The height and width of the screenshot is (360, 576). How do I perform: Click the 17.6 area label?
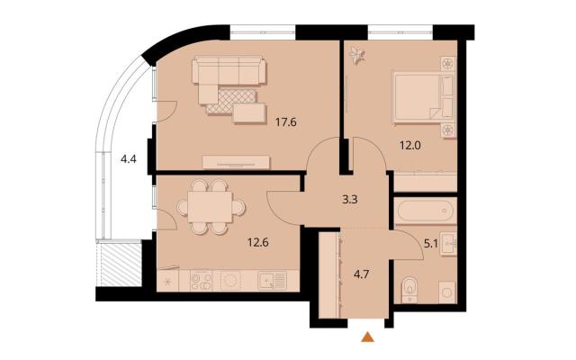(286, 122)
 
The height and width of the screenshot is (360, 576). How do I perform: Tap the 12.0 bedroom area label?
(410, 146)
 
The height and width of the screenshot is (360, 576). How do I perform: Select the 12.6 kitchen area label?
(258, 242)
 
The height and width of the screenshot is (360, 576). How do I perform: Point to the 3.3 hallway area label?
(350, 200)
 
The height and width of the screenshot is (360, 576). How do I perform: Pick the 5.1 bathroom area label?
(431, 244)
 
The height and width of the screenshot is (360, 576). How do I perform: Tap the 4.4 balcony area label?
(129, 159)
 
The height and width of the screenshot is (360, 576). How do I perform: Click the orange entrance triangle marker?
(367, 337)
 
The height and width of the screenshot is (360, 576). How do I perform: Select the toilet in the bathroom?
(409, 290)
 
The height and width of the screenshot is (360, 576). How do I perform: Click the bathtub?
(426, 211)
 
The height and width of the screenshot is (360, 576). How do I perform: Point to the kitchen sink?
(272, 281)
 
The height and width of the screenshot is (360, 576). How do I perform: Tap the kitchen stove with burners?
(202, 281)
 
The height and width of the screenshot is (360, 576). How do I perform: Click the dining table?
(210, 207)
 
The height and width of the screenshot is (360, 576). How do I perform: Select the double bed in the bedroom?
(422, 97)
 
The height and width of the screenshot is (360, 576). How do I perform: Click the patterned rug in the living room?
(232, 102)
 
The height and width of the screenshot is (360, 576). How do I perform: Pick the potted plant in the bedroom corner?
(357, 55)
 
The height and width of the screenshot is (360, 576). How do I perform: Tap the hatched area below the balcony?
(121, 264)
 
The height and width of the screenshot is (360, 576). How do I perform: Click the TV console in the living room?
(236, 162)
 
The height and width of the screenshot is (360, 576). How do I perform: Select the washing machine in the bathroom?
(447, 292)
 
